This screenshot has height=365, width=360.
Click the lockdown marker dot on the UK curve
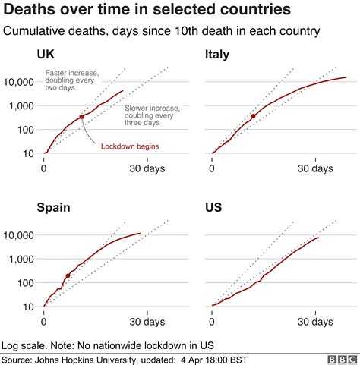(x=81, y=117)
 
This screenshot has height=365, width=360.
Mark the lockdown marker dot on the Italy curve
(x=253, y=117)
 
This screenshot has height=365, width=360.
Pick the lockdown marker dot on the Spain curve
(x=68, y=275)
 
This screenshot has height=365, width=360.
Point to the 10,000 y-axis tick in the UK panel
(x=19, y=81)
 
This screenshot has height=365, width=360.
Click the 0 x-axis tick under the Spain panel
(x=44, y=322)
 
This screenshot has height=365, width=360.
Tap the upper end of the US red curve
(x=318, y=238)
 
